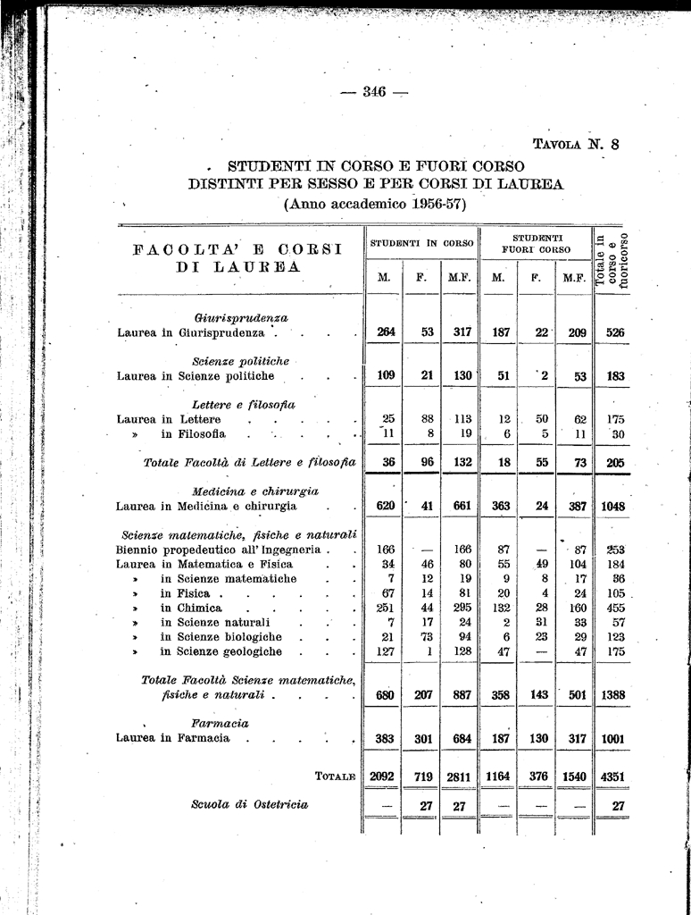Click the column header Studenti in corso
[x=421, y=242]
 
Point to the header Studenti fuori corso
[x=537, y=243]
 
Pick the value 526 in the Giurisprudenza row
[x=615, y=332]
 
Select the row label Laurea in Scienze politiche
[x=196, y=376]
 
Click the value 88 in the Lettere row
[x=428, y=419]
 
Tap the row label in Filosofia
[x=193, y=434]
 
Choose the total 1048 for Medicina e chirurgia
[x=613, y=506]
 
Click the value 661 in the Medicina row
[x=462, y=506]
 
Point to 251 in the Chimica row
[x=385, y=608]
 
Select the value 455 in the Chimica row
[x=615, y=608]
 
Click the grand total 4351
[x=613, y=777]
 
